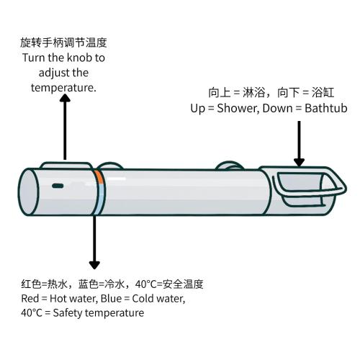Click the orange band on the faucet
[99, 177]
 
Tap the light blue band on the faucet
[99, 199]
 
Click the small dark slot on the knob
[58, 186]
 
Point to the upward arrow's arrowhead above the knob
[65, 98]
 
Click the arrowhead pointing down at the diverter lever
[299, 162]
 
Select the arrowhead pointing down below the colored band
[94, 265]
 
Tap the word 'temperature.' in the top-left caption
[63, 88]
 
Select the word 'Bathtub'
[326, 108]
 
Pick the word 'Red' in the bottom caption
[30, 299]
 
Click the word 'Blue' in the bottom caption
[111, 299]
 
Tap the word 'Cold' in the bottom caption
[142, 299]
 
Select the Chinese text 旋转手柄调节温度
[63, 42]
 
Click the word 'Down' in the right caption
[277, 108]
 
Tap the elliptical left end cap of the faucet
[28, 192]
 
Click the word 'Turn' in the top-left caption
[33, 58]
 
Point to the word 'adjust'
[54, 73]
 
